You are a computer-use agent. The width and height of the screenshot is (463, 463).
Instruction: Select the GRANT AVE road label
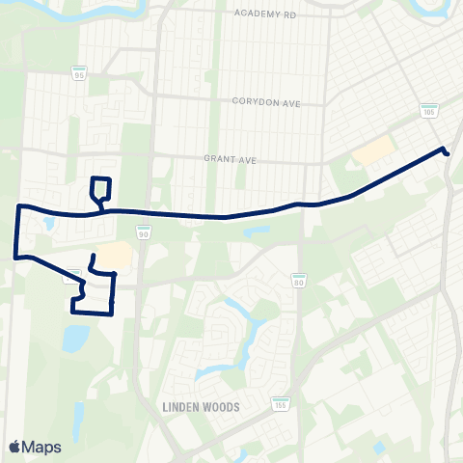click(228, 159)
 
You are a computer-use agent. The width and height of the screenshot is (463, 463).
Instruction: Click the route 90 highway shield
click(143, 233)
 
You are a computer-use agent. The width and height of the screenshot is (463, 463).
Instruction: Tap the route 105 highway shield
click(428, 111)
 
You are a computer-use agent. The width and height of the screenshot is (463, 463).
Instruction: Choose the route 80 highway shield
click(299, 280)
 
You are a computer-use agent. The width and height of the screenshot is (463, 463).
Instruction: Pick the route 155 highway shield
click(280, 403)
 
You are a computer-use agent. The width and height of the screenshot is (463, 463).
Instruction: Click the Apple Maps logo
click(34, 447)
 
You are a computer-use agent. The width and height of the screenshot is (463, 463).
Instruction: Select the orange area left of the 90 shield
click(114, 254)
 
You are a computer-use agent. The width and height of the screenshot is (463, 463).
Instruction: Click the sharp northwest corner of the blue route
click(19, 206)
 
